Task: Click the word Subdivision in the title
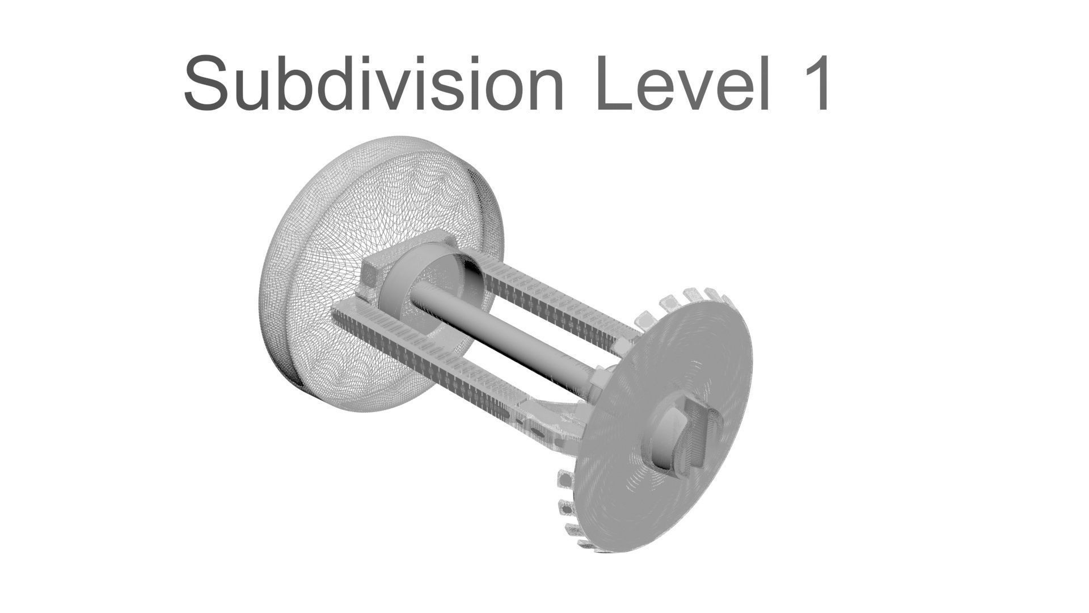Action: pos(373,84)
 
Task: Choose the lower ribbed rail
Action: pos(431,363)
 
